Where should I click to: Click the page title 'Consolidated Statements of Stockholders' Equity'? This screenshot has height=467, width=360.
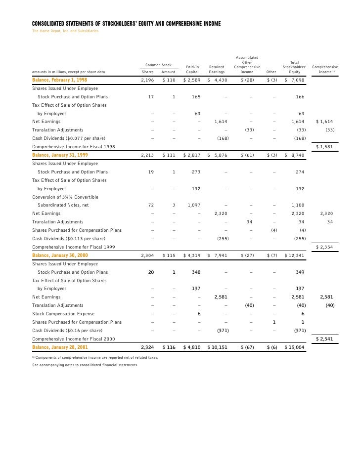click(126, 24)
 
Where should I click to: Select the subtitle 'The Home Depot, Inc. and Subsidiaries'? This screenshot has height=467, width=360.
click(65, 31)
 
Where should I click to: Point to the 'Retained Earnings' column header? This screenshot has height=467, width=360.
click(217, 69)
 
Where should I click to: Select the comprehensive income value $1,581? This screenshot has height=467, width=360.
click(326, 147)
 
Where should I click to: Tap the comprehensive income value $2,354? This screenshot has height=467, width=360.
click(326, 246)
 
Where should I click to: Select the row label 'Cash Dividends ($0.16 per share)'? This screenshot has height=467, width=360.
click(67, 330)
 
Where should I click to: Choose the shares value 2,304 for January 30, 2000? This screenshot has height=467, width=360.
click(148, 255)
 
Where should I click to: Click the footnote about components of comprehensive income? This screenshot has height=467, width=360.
click(95, 357)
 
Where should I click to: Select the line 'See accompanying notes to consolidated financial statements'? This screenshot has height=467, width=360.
click(85, 365)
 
